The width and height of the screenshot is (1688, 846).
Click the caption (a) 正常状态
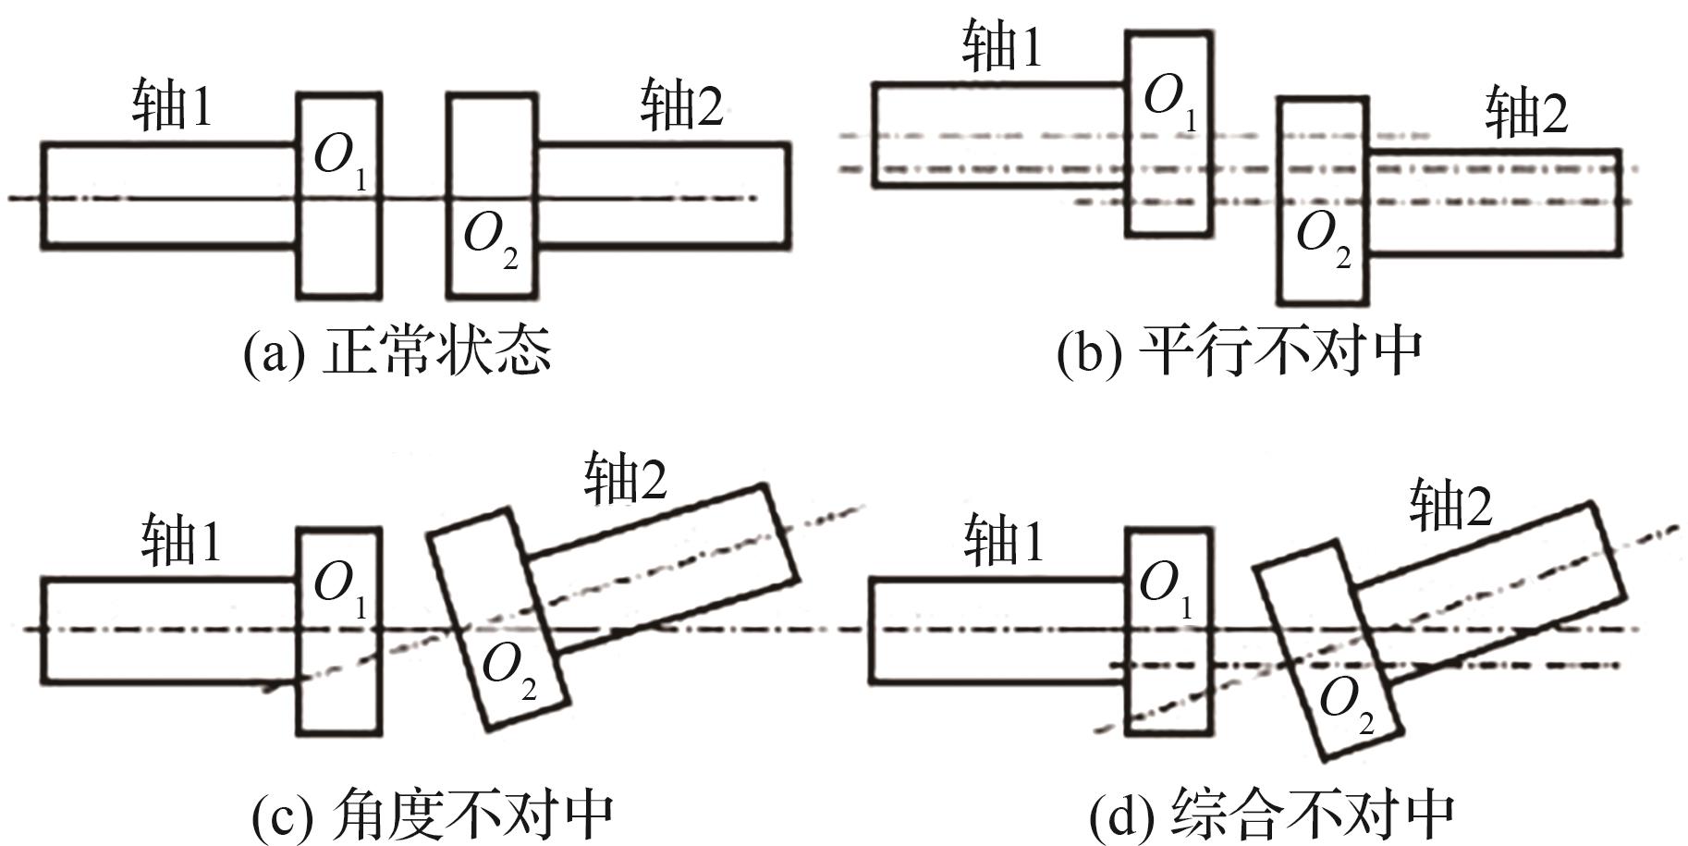click(x=398, y=351)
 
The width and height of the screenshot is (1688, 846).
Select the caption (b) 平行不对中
click(x=1239, y=351)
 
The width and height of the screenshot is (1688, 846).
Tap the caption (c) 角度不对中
click(x=433, y=814)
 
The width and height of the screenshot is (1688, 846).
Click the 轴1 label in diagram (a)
click(x=172, y=105)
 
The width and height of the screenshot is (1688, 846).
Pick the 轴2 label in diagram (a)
click(x=681, y=105)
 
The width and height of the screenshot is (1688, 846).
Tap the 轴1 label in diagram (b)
click(x=1002, y=46)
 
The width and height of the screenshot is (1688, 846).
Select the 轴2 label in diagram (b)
click(x=1526, y=114)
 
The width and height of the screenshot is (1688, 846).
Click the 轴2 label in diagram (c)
click(x=625, y=479)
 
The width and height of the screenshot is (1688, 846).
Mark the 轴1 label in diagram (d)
click(x=1004, y=541)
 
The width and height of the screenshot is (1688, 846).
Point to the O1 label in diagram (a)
click(x=339, y=159)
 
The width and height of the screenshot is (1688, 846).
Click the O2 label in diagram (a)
click(x=489, y=238)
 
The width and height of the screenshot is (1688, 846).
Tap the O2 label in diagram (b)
click(x=1322, y=236)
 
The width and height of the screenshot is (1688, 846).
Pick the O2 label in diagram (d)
click(x=1345, y=703)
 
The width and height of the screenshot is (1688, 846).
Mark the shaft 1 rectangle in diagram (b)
click(x=998, y=134)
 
